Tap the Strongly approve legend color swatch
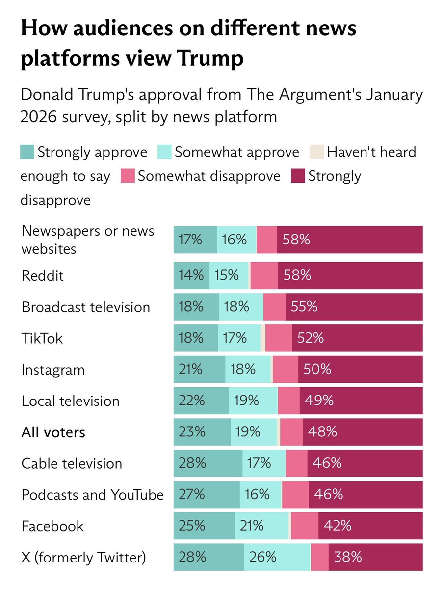[x=27, y=152]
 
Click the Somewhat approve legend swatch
[x=164, y=152]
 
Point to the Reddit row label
[x=43, y=276]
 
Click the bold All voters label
[x=53, y=432]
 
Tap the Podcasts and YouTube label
[x=92, y=495]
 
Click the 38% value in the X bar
[x=348, y=557]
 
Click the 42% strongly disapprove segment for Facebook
[x=338, y=526]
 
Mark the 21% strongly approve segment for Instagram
[x=191, y=369]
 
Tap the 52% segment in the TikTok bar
[x=310, y=338]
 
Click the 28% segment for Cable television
[x=191, y=463]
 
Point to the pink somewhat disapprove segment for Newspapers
[x=266, y=240]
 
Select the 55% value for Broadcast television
[x=304, y=307]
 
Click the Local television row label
[x=71, y=401]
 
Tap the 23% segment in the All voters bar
[x=191, y=432]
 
